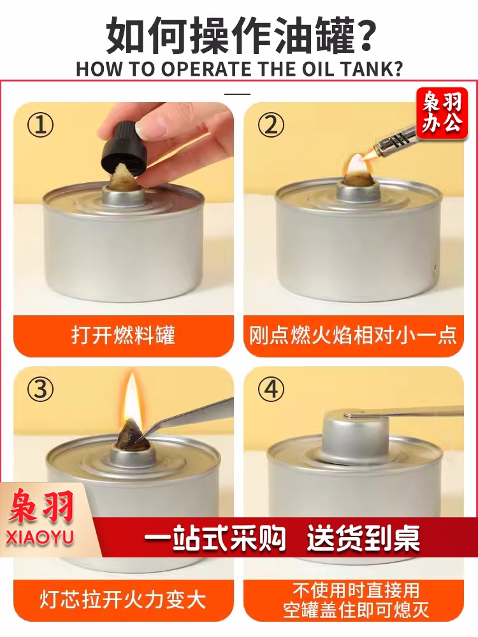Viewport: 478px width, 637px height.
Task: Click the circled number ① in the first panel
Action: click(x=40, y=125)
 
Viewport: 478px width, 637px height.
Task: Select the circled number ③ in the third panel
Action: click(x=40, y=389)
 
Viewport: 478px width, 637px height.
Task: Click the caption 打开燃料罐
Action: click(x=123, y=336)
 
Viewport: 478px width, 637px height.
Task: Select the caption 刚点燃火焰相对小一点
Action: click(x=353, y=336)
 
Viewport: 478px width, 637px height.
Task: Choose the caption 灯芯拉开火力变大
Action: click(x=123, y=601)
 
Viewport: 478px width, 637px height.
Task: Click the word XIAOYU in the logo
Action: click(x=40, y=537)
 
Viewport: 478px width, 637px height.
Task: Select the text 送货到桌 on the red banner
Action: click(x=363, y=538)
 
